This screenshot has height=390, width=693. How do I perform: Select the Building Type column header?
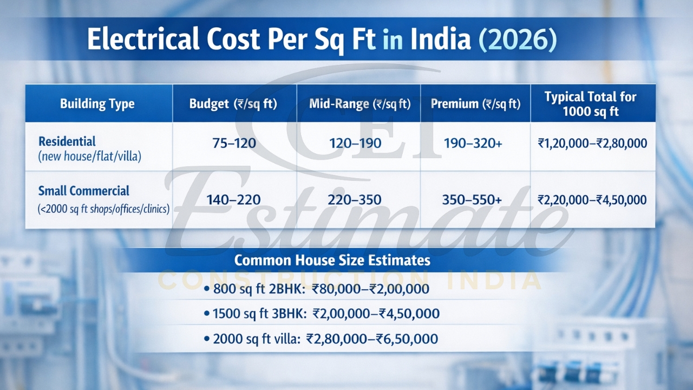click(97, 103)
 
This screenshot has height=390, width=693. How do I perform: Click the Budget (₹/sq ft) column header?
click(233, 103)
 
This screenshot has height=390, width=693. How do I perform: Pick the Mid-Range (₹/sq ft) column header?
click(360, 103)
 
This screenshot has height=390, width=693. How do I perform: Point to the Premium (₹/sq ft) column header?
click(475, 103)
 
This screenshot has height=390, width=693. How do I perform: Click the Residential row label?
click(67, 142)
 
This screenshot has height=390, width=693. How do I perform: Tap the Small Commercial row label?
click(84, 191)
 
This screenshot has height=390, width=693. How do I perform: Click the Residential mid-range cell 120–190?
click(355, 144)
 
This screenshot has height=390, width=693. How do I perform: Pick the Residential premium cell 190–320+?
click(473, 144)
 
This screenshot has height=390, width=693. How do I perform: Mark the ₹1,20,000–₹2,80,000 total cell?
click(592, 144)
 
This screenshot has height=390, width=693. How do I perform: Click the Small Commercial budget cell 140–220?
click(233, 200)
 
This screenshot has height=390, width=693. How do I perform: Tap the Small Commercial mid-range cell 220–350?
click(355, 200)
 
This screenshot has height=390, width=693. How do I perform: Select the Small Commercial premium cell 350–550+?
click(472, 200)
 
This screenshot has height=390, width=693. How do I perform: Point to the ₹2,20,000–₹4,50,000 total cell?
click(592, 200)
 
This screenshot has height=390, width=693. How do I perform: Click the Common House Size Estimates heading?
click(332, 260)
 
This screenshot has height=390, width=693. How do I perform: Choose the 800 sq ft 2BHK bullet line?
click(317, 289)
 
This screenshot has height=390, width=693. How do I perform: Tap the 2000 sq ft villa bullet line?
click(321, 339)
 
